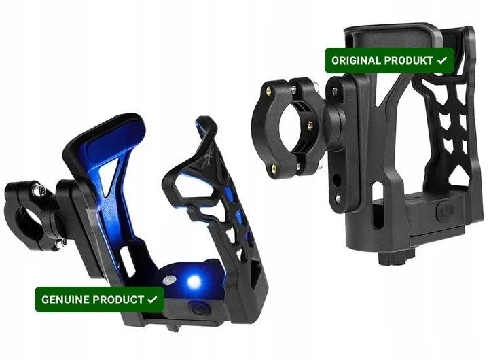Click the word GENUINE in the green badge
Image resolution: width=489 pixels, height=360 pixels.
[66, 300]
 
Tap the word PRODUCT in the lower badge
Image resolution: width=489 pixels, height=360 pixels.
[118, 300]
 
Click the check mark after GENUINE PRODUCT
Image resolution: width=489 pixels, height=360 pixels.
[152, 300]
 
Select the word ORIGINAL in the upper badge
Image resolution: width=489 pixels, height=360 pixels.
[355, 60]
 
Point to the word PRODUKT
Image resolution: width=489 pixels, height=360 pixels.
[407, 60]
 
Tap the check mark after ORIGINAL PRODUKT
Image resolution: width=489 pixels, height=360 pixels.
[442, 60]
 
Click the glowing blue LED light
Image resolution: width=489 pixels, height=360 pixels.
[194, 282]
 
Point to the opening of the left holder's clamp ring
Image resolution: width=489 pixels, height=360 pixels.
[26, 219]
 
